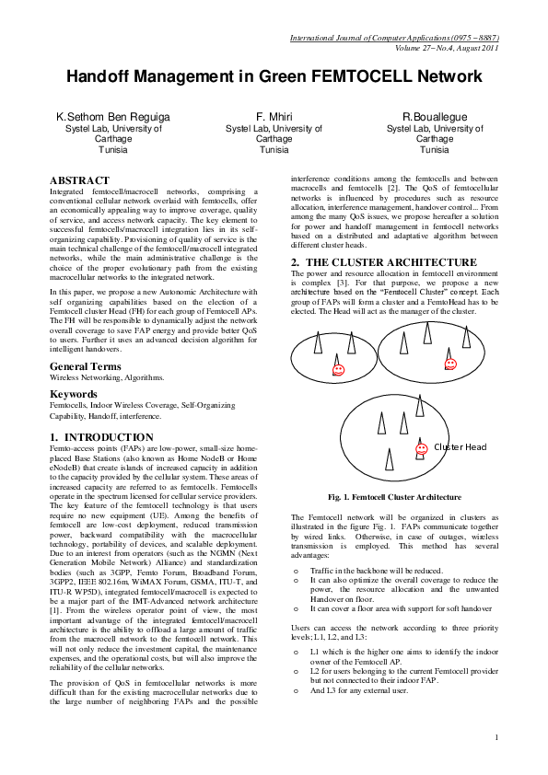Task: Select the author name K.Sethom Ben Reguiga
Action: (x=112, y=117)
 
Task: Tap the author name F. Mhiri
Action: (x=274, y=117)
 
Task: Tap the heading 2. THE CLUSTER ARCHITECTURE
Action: (x=385, y=262)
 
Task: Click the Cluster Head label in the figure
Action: (x=460, y=447)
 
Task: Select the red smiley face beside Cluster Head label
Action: (x=420, y=447)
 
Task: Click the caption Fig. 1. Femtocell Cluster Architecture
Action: (x=395, y=497)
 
